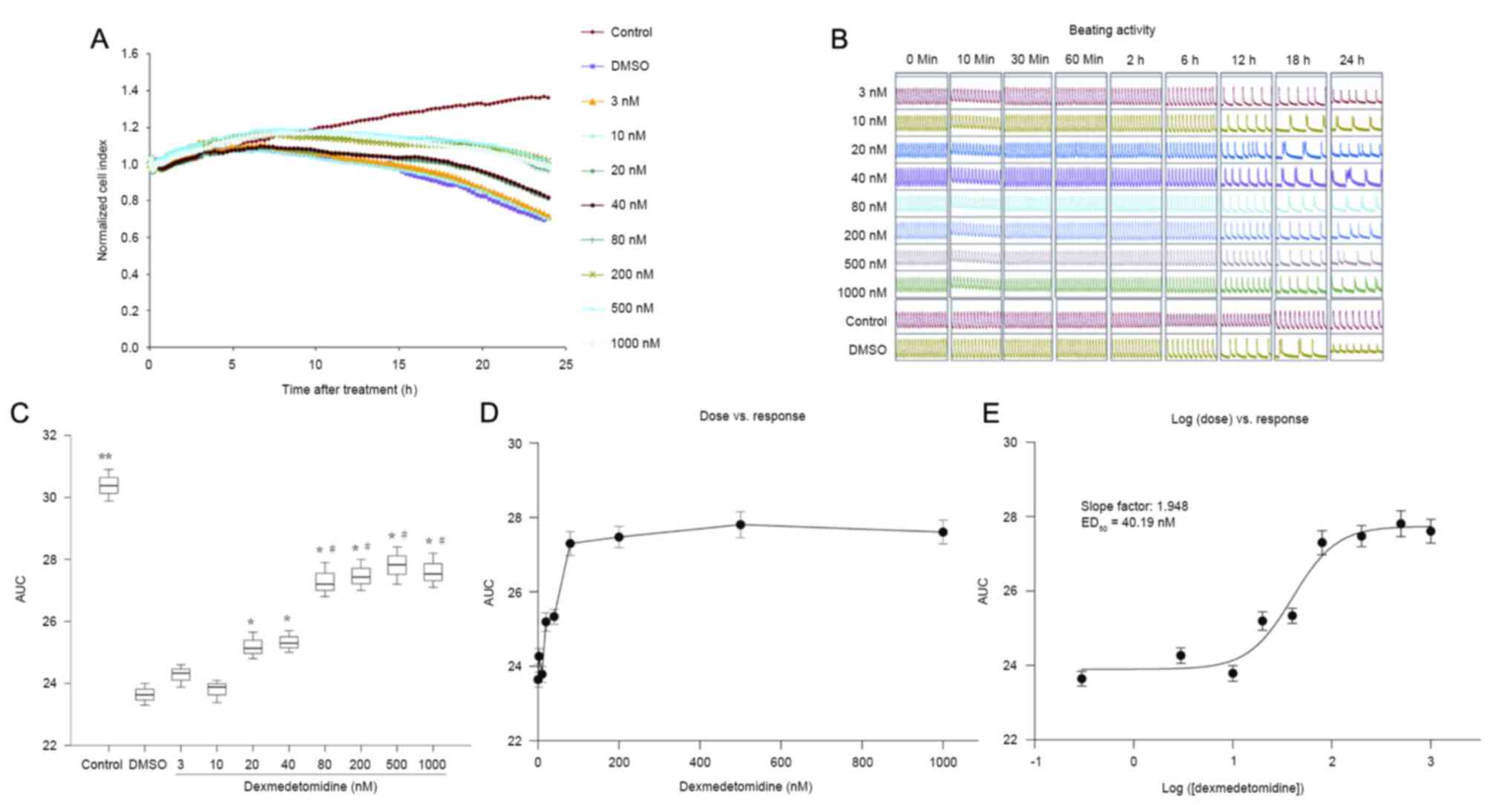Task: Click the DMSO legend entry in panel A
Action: pyautogui.click(x=629, y=66)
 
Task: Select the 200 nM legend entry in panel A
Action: pyautogui.click(x=631, y=274)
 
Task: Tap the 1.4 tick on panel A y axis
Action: pyautogui.click(x=130, y=91)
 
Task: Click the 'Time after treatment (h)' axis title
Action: pyautogui.click(x=349, y=389)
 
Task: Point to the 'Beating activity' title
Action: pyautogui.click(x=1111, y=30)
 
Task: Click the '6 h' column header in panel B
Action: pyautogui.click(x=1189, y=60)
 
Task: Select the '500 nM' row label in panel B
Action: pyautogui.click(x=864, y=264)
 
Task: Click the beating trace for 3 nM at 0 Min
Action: pyautogui.click(x=921, y=94)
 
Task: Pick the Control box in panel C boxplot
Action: pyautogui.click(x=109, y=485)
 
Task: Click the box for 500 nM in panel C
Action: pyautogui.click(x=397, y=565)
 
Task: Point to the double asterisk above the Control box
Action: pyautogui.click(x=105, y=457)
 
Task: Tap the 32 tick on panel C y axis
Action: pyautogui.click(x=50, y=435)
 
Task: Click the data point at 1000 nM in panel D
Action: pyautogui.click(x=942, y=532)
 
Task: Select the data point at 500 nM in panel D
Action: pyautogui.click(x=740, y=524)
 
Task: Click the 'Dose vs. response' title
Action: pyautogui.click(x=752, y=416)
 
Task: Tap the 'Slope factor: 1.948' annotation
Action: pyautogui.click(x=1133, y=506)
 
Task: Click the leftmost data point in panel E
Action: pyautogui.click(x=1082, y=679)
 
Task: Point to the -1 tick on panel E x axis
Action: pyautogui.click(x=1034, y=761)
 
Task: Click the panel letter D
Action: pyautogui.click(x=489, y=413)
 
